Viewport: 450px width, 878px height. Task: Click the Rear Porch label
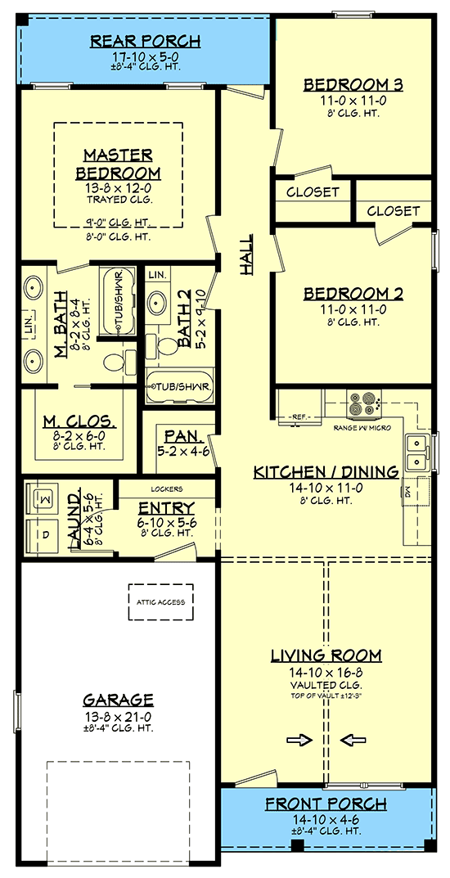tap(145, 41)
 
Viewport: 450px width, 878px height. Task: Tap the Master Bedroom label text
tap(119, 164)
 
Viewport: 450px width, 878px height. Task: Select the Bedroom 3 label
tap(353, 84)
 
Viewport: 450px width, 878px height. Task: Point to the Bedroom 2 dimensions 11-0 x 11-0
tap(353, 310)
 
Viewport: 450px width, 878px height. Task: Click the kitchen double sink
tap(416, 451)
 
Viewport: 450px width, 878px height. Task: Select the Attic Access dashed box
tap(160, 601)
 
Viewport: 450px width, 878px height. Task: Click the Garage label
tap(119, 700)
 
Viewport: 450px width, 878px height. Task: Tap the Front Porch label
tap(326, 804)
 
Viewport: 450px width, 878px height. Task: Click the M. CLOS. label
tap(79, 423)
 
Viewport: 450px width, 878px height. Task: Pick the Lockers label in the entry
tap(166, 489)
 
